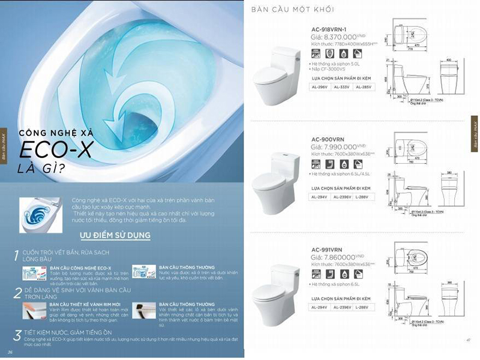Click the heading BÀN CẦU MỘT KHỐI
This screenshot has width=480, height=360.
[289, 10]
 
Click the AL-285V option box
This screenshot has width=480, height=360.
[362, 87]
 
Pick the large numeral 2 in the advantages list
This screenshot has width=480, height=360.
[18, 293]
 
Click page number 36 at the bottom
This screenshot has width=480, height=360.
[10, 352]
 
